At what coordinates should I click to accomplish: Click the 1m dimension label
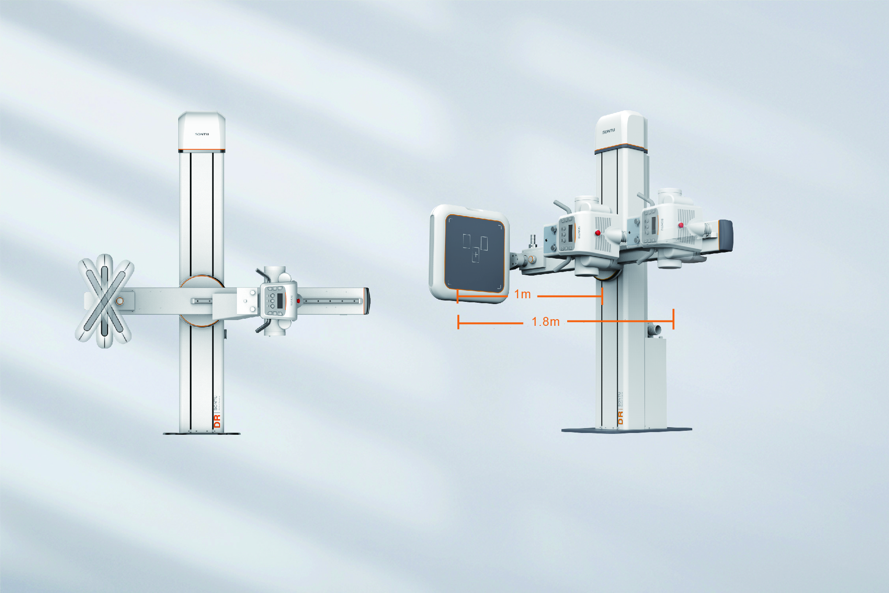coord(523,294)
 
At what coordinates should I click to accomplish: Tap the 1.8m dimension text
coord(545,322)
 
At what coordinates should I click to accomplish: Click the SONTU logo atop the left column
coord(202,134)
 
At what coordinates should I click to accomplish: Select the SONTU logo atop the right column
coord(609,131)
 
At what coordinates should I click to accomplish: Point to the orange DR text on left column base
coord(217,421)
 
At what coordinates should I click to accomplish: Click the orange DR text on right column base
coord(621,417)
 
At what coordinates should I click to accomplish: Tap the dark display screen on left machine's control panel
coord(280,301)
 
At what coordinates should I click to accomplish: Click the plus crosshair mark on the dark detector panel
coord(476,255)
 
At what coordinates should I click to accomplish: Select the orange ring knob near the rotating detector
coord(120,301)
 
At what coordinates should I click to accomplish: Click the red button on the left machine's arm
coord(299,301)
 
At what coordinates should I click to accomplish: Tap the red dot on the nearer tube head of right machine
coord(598,232)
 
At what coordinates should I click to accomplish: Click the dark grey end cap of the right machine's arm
coord(725,236)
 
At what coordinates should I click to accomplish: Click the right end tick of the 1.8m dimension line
coord(673,319)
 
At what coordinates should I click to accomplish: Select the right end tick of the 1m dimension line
coord(602,296)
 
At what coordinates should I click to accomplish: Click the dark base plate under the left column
coord(202,433)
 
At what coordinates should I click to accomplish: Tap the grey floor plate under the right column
coord(627,430)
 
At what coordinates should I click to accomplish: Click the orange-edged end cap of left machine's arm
coord(366,301)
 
